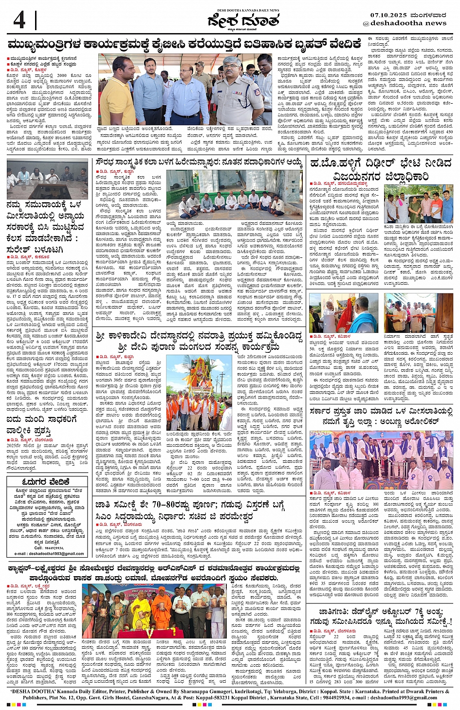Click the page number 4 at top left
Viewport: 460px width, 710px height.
coord(19,20)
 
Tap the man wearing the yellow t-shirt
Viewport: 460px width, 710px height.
coord(117,95)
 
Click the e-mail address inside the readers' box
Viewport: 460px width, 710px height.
coord(49,553)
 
